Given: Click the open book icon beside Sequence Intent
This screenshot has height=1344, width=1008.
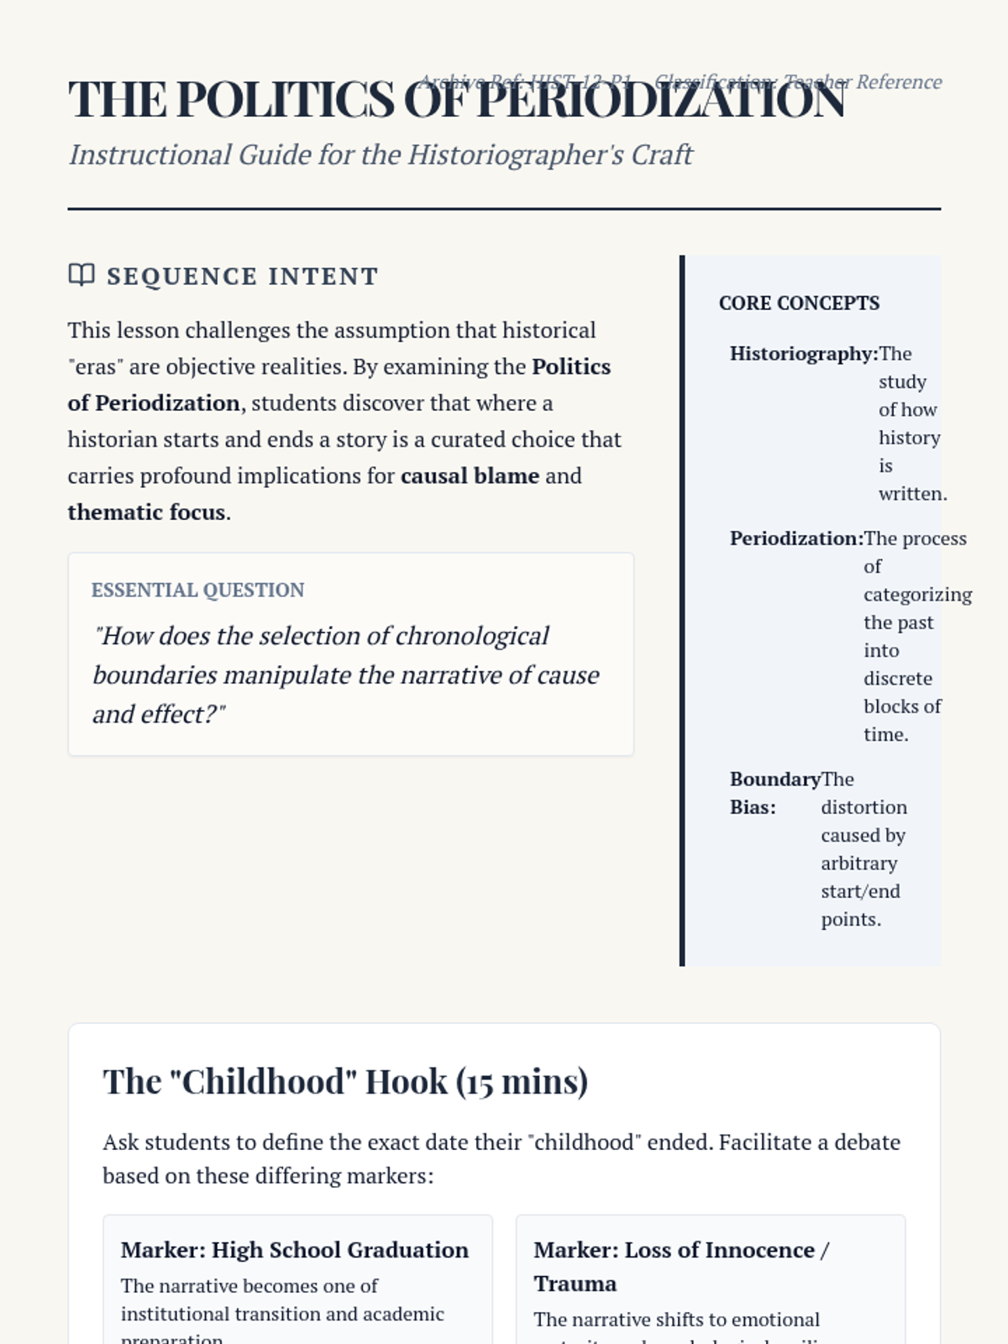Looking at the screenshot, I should (81, 275).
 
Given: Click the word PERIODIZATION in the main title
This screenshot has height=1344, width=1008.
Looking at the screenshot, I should (660, 101).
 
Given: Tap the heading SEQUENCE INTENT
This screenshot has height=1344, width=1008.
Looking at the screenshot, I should (243, 276).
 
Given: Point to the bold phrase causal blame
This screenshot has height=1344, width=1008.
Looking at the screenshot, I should (470, 476).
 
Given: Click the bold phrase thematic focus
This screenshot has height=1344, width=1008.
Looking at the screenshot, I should (146, 512).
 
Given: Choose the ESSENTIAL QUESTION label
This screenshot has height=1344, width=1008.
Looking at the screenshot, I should (197, 591).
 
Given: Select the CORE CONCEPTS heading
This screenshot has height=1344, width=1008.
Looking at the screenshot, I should (799, 303).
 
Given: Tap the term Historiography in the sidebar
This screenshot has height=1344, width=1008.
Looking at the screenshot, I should (801, 354).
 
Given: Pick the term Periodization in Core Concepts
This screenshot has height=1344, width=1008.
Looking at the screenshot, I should (794, 538).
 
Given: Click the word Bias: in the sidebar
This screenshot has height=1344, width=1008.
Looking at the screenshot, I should (753, 807).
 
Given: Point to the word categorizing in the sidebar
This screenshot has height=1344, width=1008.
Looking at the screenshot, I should (917, 595).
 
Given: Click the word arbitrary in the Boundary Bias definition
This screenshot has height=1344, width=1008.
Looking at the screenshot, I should (858, 864).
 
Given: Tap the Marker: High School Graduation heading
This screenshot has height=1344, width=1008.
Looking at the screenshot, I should (294, 1250).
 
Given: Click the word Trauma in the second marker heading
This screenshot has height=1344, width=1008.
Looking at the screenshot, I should (575, 1284).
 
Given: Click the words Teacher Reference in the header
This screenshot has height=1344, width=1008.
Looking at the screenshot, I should (863, 82).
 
